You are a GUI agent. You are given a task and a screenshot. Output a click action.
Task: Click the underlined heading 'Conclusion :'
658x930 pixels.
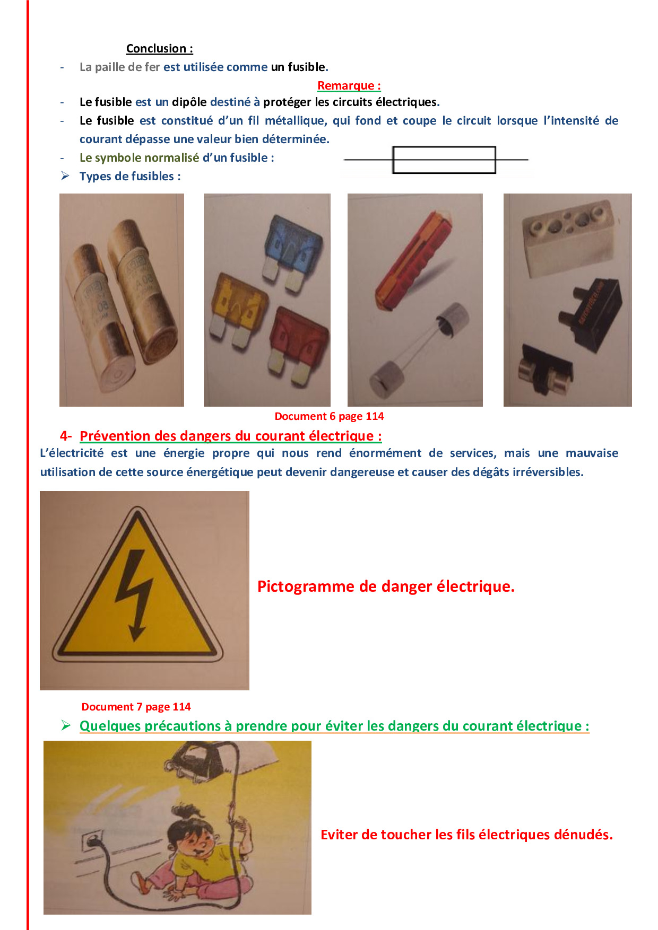click(x=159, y=48)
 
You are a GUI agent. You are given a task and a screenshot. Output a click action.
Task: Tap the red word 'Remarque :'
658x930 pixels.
click(x=349, y=85)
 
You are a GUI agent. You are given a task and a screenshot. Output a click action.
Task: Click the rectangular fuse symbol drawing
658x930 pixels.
click(x=436, y=160)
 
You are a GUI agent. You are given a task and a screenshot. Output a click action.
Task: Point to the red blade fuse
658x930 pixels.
click(x=299, y=345)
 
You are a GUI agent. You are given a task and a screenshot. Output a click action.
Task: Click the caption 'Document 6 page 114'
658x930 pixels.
click(x=329, y=416)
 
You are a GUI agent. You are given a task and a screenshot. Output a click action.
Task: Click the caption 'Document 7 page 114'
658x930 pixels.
click(x=136, y=707)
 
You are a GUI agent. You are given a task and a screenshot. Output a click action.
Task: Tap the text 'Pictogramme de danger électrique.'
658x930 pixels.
click(x=386, y=586)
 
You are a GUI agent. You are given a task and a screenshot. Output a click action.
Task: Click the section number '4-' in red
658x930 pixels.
click(x=66, y=436)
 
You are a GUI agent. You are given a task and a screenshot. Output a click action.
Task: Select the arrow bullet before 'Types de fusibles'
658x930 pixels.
click(x=65, y=176)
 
